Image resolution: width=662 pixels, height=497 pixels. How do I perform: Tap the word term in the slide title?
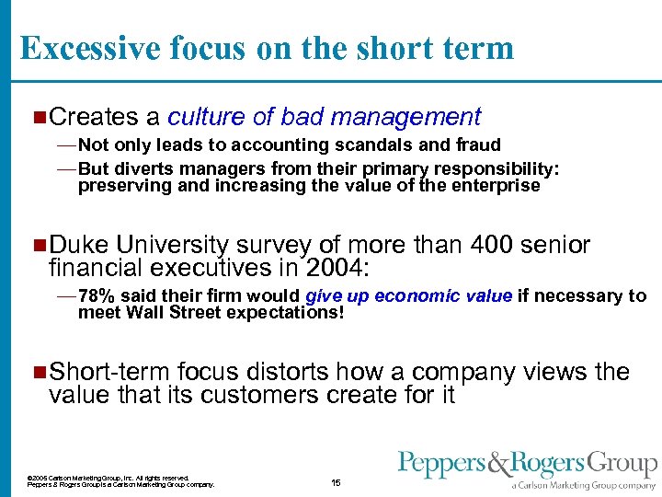(477, 48)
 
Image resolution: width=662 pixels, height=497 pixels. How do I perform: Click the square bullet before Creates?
(38, 117)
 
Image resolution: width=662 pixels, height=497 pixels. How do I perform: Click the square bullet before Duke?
(38, 245)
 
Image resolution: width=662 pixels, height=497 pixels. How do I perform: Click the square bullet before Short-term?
(38, 372)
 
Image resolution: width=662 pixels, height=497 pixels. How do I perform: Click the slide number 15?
(336, 482)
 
